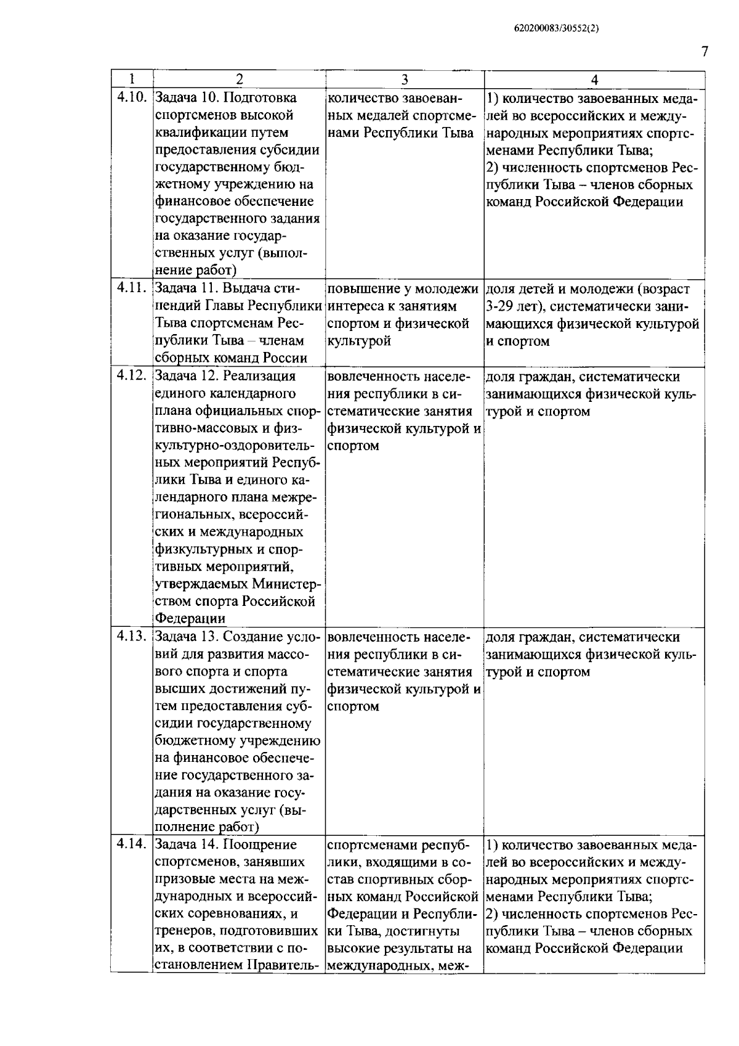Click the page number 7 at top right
tap(704, 52)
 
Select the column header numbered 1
tap(132, 80)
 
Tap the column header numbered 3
tap(405, 80)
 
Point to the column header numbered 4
tap(594, 80)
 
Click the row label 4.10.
tap(132, 97)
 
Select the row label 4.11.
tap(132, 288)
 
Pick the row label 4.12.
tap(132, 376)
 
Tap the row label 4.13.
tap(132, 637)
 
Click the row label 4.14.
tap(132, 844)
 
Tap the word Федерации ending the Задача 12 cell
tap(190, 618)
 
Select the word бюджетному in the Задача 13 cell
tap(192, 741)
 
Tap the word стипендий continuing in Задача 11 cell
tap(176, 306)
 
